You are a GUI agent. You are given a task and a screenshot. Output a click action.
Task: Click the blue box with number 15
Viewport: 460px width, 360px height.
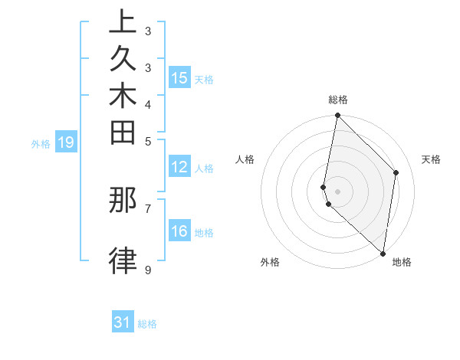(x=179, y=78)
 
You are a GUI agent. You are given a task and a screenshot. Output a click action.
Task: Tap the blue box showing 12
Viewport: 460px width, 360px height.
(x=179, y=168)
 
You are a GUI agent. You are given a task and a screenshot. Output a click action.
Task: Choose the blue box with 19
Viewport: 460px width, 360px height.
(x=66, y=142)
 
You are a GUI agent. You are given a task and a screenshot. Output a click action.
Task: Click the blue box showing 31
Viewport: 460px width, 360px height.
(x=123, y=323)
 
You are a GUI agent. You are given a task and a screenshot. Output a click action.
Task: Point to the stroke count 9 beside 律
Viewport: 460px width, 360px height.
(x=147, y=270)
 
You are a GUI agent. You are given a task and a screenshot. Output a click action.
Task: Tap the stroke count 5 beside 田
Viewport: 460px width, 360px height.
(x=147, y=141)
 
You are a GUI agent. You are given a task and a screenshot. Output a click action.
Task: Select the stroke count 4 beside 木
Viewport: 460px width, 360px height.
(x=147, y=104)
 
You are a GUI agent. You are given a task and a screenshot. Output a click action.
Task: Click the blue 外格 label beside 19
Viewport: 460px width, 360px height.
(x=41, y=143)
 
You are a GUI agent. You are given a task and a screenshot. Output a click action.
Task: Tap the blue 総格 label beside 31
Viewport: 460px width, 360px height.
(x=147, y=324)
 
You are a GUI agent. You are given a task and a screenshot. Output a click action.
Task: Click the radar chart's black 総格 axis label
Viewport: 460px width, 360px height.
(x=338, y=100)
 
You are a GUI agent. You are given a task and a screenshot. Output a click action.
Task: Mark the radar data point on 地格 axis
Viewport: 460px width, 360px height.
(x=383, y=254)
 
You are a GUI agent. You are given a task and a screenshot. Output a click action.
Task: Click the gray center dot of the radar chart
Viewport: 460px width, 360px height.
(x=338, y=191)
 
